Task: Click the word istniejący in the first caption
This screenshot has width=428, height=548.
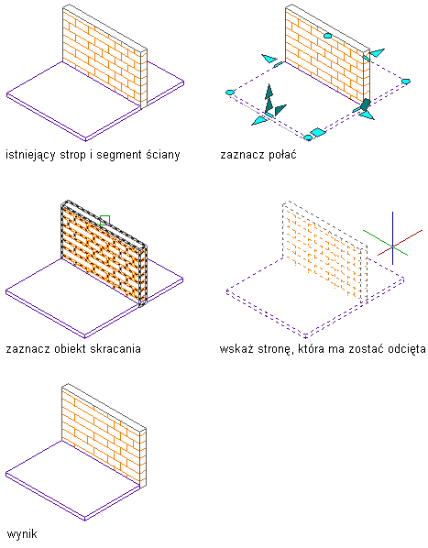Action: coord(30,155)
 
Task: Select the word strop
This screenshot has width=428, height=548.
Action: coord(72,155)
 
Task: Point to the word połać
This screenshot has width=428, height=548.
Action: coord(282,154)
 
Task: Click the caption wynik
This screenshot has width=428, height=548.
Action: coord(22,534)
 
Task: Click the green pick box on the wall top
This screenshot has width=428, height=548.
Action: coord(104,220)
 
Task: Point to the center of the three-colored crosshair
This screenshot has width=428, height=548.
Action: coord(392,247)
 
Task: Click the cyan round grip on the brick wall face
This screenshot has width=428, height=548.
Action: coord(327,36)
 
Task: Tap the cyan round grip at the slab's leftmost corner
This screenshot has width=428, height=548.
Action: coord(230,93)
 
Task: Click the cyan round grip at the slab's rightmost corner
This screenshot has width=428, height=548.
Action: coord(405,82)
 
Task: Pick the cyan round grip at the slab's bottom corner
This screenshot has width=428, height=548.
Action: coord(307,137)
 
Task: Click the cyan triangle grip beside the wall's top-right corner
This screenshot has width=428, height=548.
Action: coord(377,52)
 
